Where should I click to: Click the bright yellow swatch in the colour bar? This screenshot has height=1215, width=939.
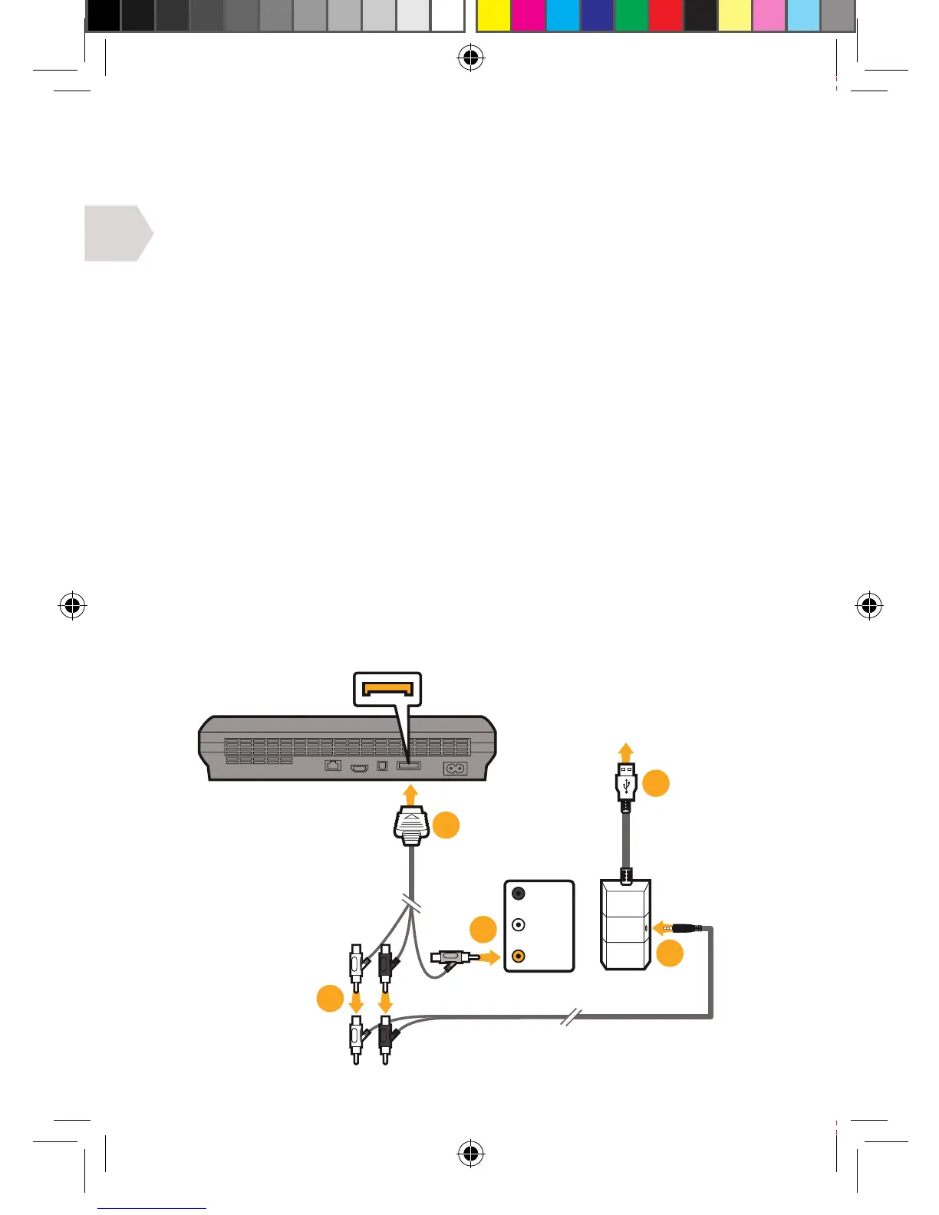click(x=493, y=16)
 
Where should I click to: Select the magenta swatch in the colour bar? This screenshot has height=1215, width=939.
click(x=529, y=16)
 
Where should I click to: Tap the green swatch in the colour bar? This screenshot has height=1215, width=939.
click(x=631, y=16)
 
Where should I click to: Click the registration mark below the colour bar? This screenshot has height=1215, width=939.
click(x=470, y=58)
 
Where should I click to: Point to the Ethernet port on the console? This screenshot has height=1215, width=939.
click(x=333, y=766)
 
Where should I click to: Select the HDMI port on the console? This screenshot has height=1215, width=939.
click(x=359, y=767)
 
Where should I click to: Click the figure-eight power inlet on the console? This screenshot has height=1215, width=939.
click(x=455, y=767)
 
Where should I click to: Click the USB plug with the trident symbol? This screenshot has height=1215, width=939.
click(x=626, y=784)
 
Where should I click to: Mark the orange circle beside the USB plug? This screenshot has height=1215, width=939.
click(x=656, y=784)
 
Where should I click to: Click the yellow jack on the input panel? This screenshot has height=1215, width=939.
click(x=519, y=957)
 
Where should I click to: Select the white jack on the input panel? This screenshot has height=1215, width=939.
click(x=519, y=925)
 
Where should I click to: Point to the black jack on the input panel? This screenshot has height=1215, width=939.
click(x=519, y=894)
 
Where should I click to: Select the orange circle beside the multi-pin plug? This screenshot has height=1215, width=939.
click(x=446, y=825)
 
